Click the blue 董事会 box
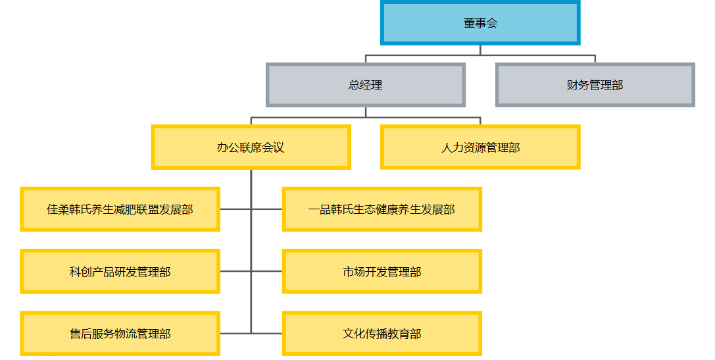pyautogui.click(x=480, y=23)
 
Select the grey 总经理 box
pyautogui.click(x=365, y=85)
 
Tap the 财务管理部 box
pyautogui.click(x=595, y=85)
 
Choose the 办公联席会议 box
pyautogui.click(x=251, y=147)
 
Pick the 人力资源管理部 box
pyautogui.click(x=480, y=147)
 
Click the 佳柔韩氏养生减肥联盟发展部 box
pyautogui.click(x=120, y=209)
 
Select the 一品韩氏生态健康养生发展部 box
pyautogui.click(x=382, y=209)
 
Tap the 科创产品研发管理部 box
pyautogui.click(x=120, y=271)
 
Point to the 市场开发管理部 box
pyautogui.click(x=382, y=271)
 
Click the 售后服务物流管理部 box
pyautogui.click(x=120, y=334)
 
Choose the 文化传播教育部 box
pyautogui.click(x=382, y=334)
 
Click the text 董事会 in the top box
pyautogui.click(x=480, y=23)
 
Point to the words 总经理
pyautogui.click(x=365, y=85)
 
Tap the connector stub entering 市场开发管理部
pyautogui.click(x=266, y=271)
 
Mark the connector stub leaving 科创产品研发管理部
pyautogui.click(x=235, y=271)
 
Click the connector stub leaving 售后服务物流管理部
pyautogui.click(x=235, y=334)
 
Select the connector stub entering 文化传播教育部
pyautogui.click(x=266, y=334)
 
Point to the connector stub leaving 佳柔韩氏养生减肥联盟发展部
pyautogui.click(x=235, y=209)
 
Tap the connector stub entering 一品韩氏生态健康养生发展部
pyautogui.click(x=266, y=209)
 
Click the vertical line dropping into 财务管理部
pyautogui.click(x=595, y=59)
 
